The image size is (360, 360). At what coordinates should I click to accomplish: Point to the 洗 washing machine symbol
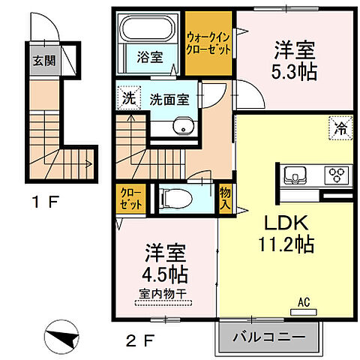click(x=128, y=97)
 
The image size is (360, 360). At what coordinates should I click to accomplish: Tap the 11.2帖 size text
click(x=286, y=244)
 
